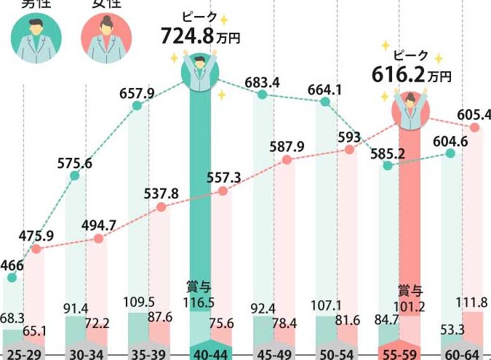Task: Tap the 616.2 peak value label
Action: (397, 74)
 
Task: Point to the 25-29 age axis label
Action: (22, 352)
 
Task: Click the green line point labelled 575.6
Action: (75, 176)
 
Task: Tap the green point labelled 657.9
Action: (137, 106)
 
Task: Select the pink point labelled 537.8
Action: (161, 207)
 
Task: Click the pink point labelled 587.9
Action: (287, 159)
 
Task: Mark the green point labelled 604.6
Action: (450, 153)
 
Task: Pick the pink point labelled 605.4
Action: (476, 128)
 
